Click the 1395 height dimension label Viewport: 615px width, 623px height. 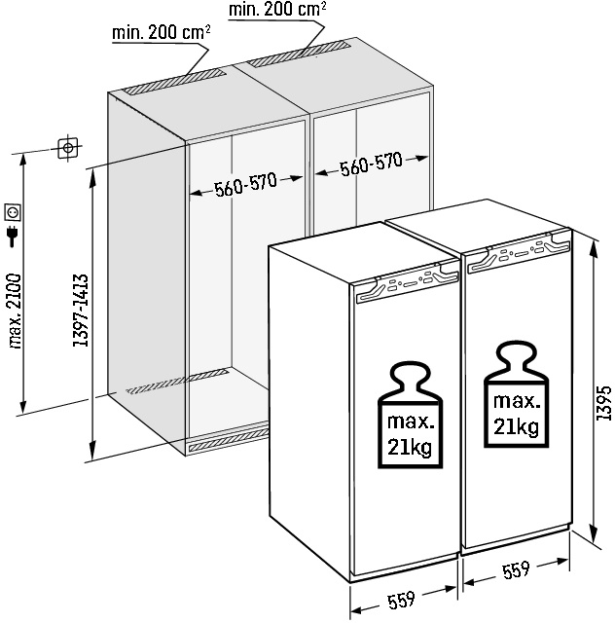604,402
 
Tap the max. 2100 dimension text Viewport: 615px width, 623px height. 15,311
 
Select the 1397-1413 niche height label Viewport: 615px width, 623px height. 80,311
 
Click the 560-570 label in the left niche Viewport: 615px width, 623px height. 245,184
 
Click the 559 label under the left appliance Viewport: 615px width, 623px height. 401,600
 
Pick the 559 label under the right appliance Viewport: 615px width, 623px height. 516,570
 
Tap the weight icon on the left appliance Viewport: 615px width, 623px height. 410,415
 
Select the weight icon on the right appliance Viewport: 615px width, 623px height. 516,394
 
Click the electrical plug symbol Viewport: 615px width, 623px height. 13,236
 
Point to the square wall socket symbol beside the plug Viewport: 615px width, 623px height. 13,212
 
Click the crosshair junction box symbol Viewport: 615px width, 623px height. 68,148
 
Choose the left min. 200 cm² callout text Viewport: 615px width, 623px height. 161,32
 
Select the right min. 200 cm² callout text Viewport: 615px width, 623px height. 277,10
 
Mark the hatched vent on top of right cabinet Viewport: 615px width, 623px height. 299,53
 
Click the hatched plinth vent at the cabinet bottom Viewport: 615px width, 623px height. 229,440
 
